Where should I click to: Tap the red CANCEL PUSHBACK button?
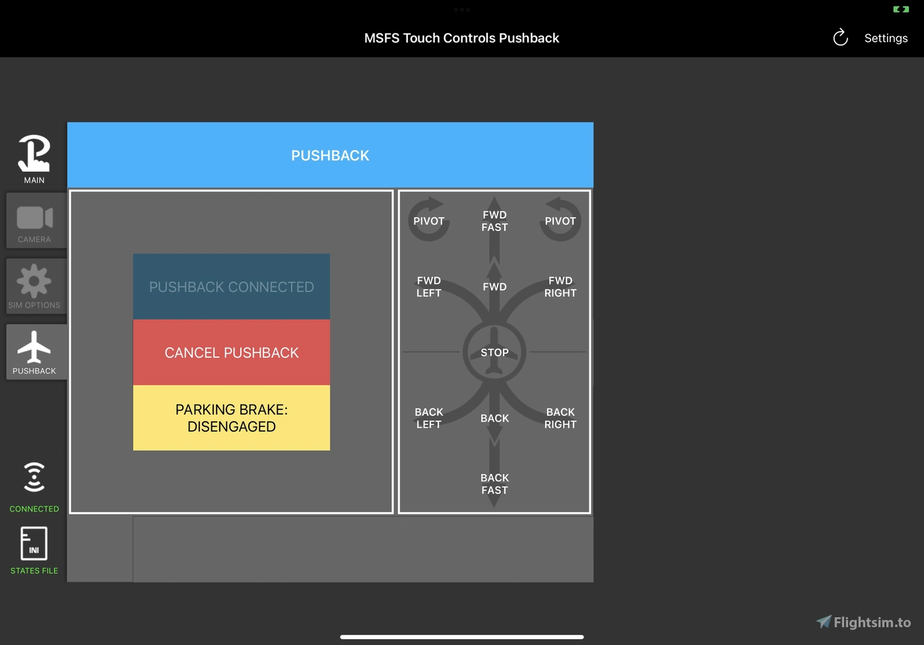point(231,353)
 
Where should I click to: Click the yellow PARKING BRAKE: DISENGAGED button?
point(231,418)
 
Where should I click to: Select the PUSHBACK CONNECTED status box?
point(231,287)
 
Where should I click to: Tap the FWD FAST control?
point(494,221)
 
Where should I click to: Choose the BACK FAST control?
point(494,484)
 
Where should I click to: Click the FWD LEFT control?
point(428,287)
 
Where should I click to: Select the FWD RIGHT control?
point(560,287)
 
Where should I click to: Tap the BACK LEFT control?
point(428,418)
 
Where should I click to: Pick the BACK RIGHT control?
point(560,418)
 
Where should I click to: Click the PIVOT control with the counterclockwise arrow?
point(560,220)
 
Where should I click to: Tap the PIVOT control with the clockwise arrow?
point(429,220)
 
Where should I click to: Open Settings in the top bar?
point(886,38)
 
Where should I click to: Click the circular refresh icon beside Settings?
point(840,38)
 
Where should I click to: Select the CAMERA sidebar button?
point(34,221)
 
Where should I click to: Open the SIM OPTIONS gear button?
point(34,286)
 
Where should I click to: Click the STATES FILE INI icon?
point(34,544)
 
